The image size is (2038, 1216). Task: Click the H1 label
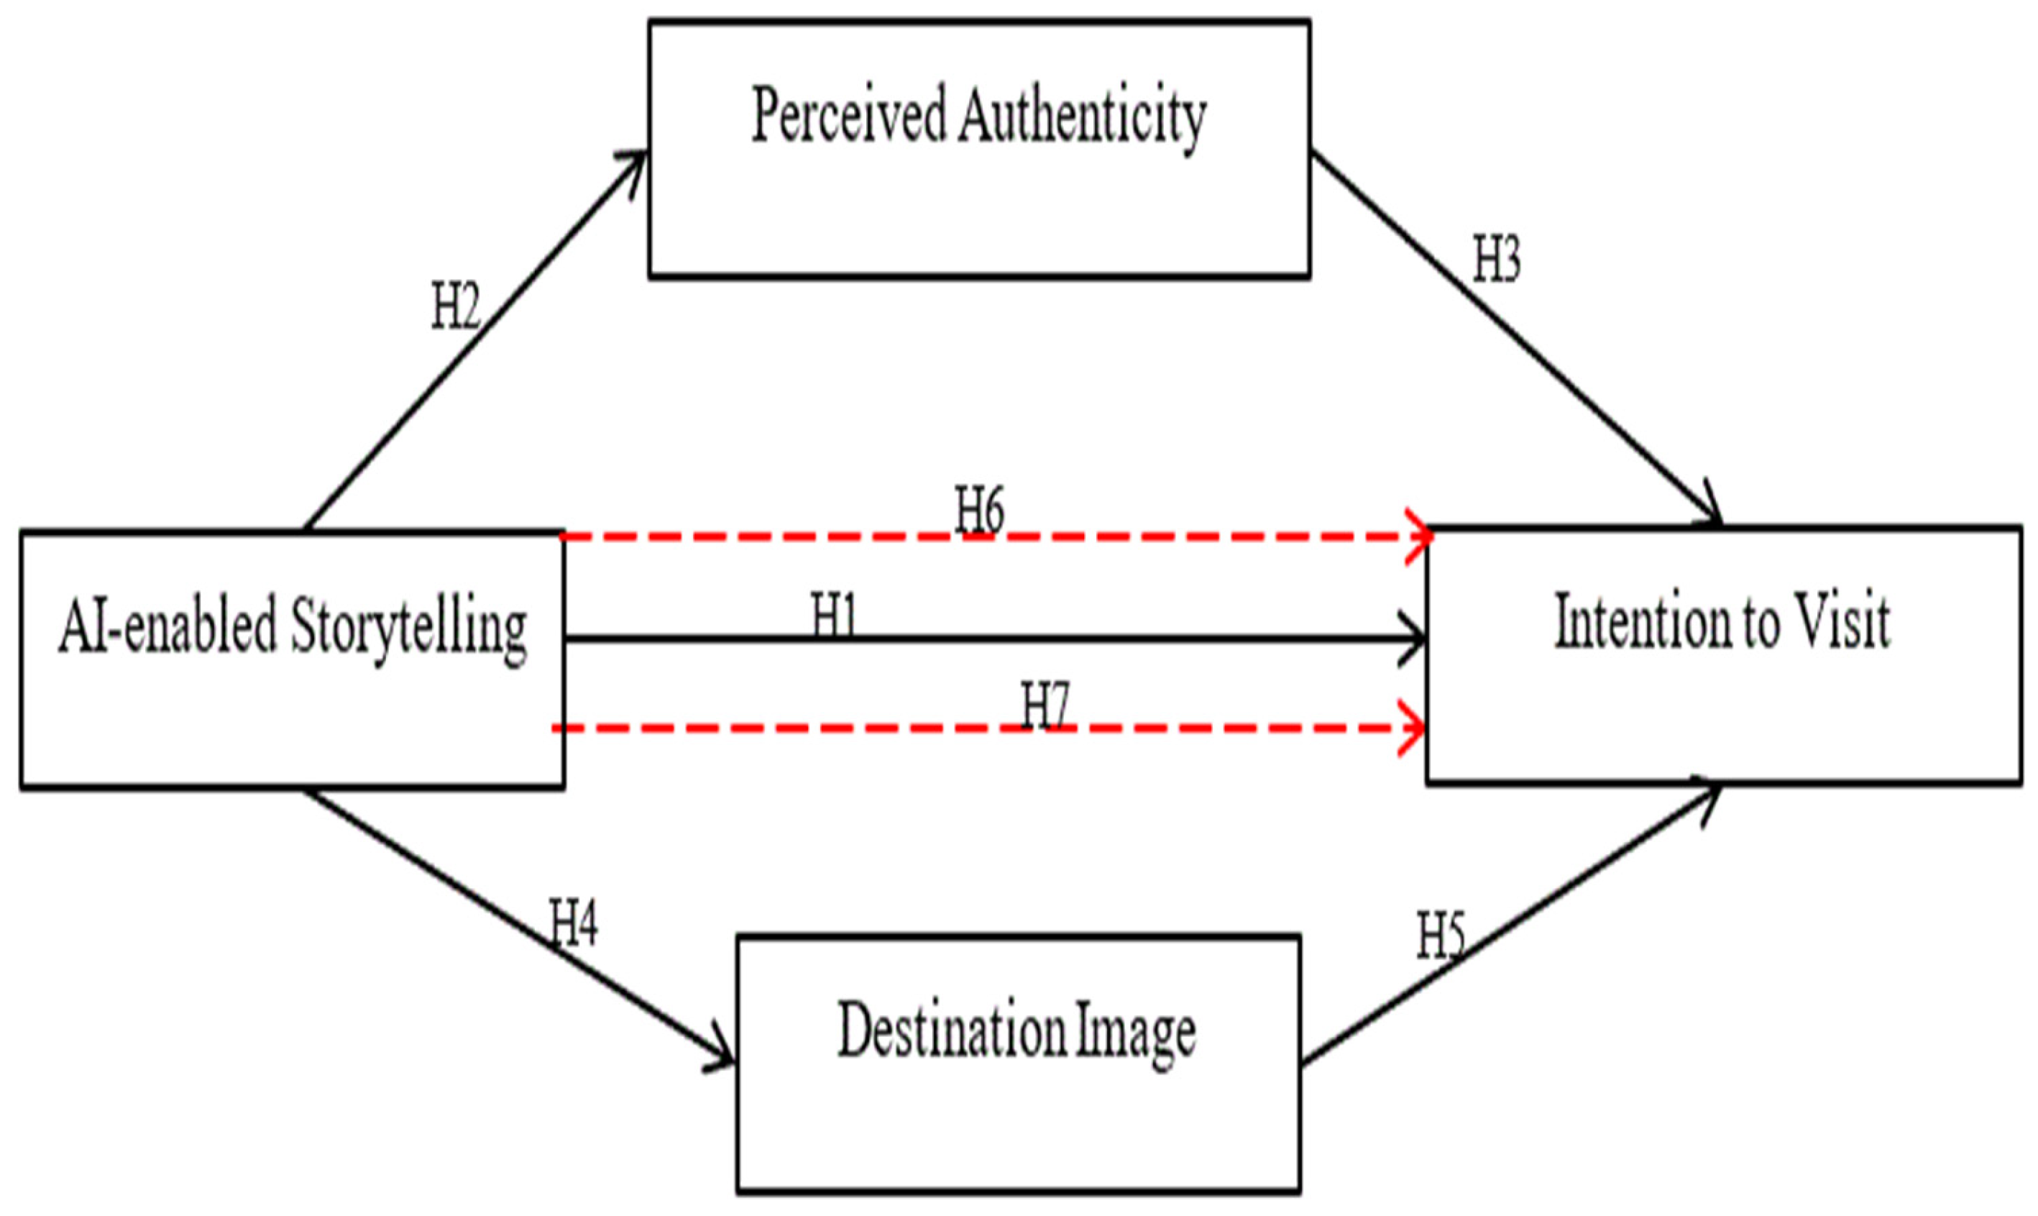tap(834, 616)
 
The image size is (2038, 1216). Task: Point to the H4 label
tap(574, 923)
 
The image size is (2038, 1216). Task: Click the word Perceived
tap(848, 116)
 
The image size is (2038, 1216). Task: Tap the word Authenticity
tap(1082, 119)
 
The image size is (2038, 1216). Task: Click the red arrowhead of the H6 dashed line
tap(1420, 536)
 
